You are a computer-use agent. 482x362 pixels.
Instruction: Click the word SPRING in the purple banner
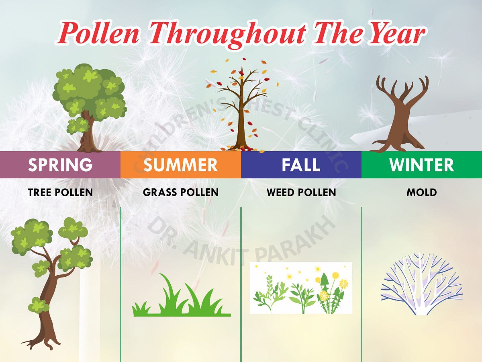tap(60, 165)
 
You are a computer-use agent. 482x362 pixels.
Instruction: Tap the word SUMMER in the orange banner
tap(181, 165)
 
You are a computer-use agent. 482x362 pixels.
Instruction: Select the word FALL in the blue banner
tap(301, 165)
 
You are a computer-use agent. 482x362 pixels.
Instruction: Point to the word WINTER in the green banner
tap(421, 165)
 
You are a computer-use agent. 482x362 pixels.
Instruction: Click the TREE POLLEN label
tap(60, 192)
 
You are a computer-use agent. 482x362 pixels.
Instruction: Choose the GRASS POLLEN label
tap(181, 192)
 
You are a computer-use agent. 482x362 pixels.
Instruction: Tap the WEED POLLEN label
tap(301, 192)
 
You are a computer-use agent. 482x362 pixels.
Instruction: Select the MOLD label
tap(421, 192)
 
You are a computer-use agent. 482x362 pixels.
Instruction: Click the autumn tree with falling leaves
tap(241, 107)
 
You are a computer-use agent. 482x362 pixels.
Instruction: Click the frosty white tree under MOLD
tap(421, 284)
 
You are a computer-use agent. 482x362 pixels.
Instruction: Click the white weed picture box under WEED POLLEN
tap(301, 288)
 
